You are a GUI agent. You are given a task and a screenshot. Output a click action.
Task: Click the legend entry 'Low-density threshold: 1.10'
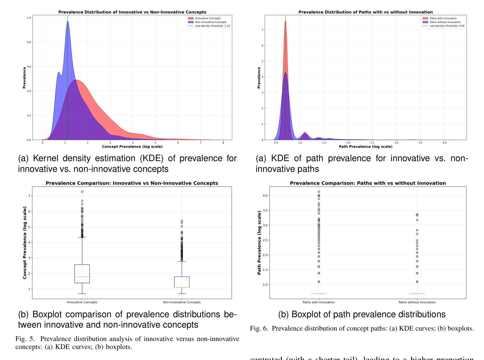pos(212,26)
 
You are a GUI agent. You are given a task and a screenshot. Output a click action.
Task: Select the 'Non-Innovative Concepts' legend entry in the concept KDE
pos(210,22)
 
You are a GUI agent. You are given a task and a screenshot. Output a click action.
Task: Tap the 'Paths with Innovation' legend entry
pos(443,18)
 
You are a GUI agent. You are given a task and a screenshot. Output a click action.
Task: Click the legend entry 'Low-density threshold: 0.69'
pos(447,26)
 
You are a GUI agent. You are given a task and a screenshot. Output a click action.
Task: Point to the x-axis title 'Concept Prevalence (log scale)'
pos(132,147)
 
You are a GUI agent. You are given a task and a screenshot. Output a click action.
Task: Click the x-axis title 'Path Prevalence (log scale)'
pos(365,147)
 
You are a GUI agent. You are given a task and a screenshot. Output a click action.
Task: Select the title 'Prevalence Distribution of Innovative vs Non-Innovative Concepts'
pos(132,12)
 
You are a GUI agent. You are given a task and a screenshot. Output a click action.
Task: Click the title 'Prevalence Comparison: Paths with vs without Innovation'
pos(368,183)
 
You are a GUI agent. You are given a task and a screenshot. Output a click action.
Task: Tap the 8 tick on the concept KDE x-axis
pos(223,143)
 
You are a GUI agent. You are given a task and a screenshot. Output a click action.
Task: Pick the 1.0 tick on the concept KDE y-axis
pos(29,18)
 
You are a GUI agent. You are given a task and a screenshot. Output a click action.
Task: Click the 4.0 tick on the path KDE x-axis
pos(444,143)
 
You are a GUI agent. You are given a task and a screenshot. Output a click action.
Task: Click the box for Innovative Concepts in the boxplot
pos(82,273)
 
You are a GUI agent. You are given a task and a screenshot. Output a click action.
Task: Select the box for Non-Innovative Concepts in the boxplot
pos(182,282)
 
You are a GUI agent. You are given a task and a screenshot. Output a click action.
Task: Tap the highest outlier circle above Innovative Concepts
pos(82,192)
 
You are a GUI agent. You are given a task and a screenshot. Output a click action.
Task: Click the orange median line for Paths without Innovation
pos(417,294)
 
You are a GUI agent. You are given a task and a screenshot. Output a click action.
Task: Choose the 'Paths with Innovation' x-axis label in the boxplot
pos(319,302)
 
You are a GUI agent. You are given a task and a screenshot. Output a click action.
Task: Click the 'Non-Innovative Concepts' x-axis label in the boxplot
pos(182,302)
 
